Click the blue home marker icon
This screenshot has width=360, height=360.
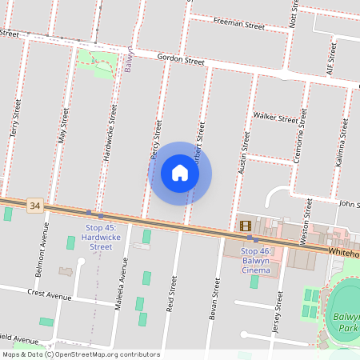pyautogui.click(x=180, y=173)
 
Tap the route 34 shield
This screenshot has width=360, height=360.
pyautogui.click(x=34, y=206)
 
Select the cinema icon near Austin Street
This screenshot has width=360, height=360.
pyautogui.click(x=245, y=226)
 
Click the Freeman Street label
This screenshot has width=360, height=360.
pyautogui.click(x=239, y=26)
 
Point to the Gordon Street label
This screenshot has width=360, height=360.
pyautogui.click(x=181, y=59)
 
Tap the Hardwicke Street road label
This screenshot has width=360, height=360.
pyautogui.click(x=111, y=133)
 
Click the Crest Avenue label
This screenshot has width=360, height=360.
pyautogui.click(x=50, y=294)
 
